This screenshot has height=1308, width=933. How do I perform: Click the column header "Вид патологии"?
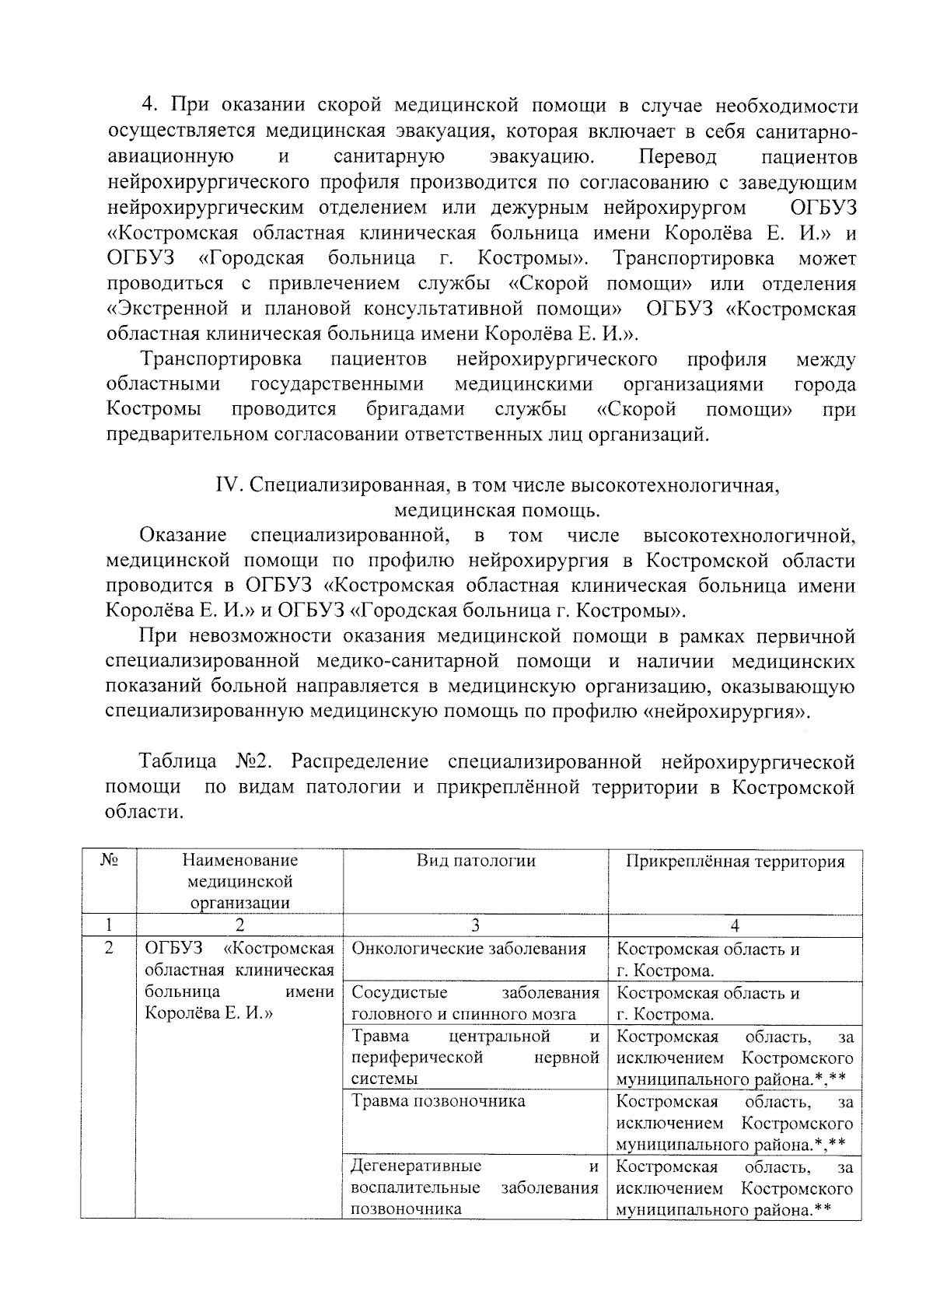tap(476, 861)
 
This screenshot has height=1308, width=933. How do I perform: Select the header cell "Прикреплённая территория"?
tap(735, 862)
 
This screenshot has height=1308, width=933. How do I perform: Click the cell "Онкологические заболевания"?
tap(469, 949)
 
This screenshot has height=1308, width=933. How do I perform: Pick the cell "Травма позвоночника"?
tap(439, 1101)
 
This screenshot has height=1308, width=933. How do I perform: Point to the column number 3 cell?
tap(475, 925)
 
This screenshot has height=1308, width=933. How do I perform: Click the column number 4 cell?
tap(735, 925)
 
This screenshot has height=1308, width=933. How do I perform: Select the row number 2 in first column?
tap(109, 949)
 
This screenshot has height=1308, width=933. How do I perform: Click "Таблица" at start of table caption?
tap(178, 761)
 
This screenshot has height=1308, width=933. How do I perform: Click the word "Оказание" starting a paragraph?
tap(183, 535)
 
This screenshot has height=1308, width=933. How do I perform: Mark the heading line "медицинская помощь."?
tap(497, 510)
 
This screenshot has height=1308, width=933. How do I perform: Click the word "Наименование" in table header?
tap(240, 861)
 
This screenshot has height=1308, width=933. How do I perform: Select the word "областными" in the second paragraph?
tap(163, 384)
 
